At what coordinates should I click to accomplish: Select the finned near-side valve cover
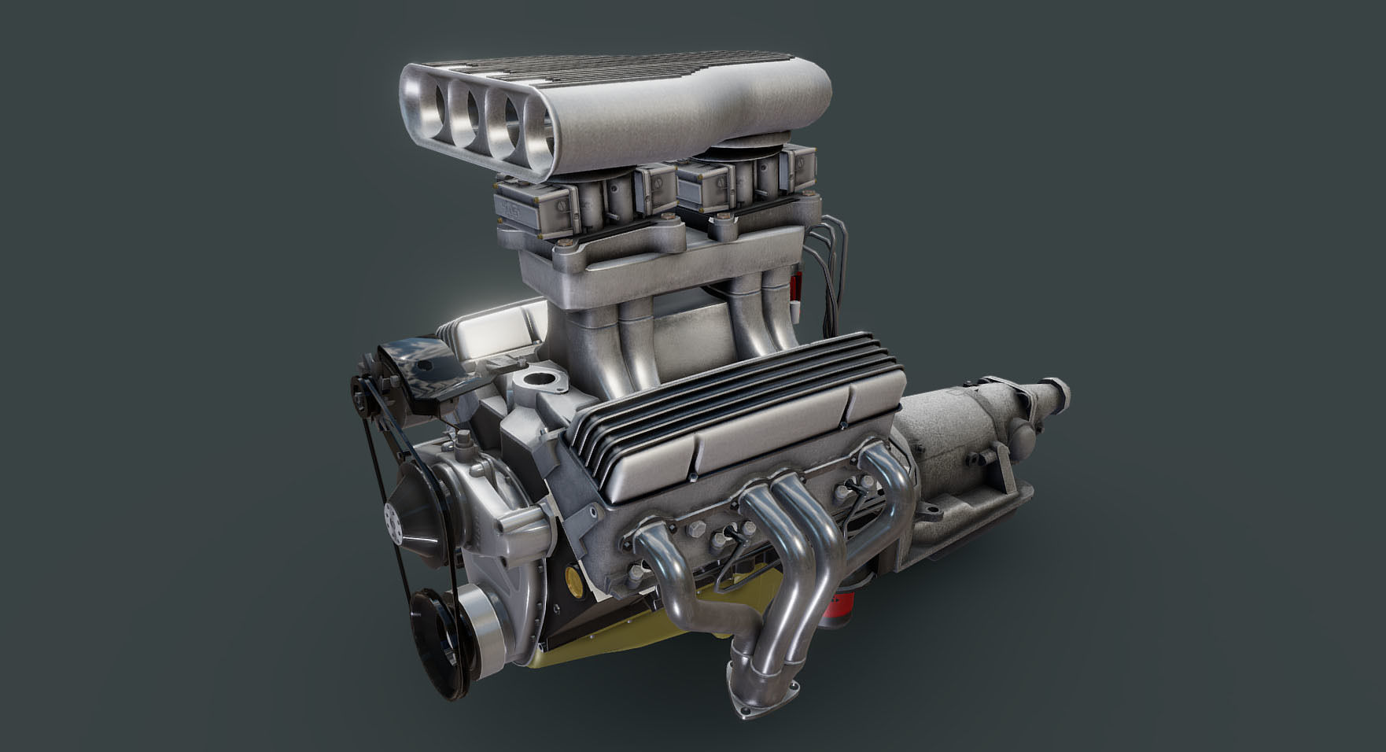pos(732,409)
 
